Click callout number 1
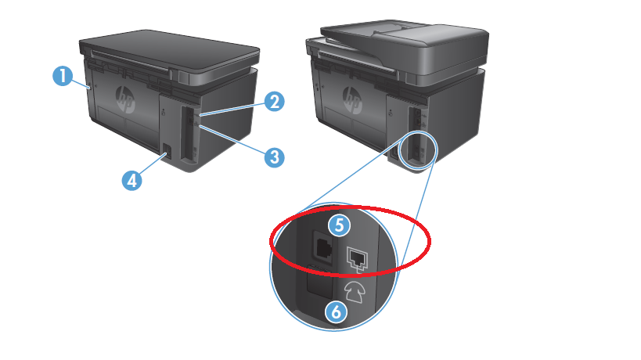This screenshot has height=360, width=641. (63, 77)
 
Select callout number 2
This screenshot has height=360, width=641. (274, 101)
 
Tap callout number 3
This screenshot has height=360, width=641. (274, 157)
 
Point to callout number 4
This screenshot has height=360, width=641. (131, 180)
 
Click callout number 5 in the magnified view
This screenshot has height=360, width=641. (340, 225)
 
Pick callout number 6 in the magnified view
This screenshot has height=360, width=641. (336, 312)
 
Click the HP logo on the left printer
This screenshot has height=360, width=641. (125, 99)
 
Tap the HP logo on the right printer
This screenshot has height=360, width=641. (352, 100)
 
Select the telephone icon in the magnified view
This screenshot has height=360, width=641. (355, 292)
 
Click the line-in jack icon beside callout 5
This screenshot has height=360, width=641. (358, 260)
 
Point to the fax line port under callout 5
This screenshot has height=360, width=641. (323, 247)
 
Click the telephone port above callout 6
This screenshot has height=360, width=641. (319, 282)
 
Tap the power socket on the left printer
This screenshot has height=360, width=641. (167, 151)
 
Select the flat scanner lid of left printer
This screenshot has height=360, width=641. (169, 51)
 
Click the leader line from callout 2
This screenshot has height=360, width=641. (233, 110)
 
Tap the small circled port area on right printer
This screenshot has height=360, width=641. (418, 150)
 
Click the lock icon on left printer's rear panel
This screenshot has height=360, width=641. (164, 112)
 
